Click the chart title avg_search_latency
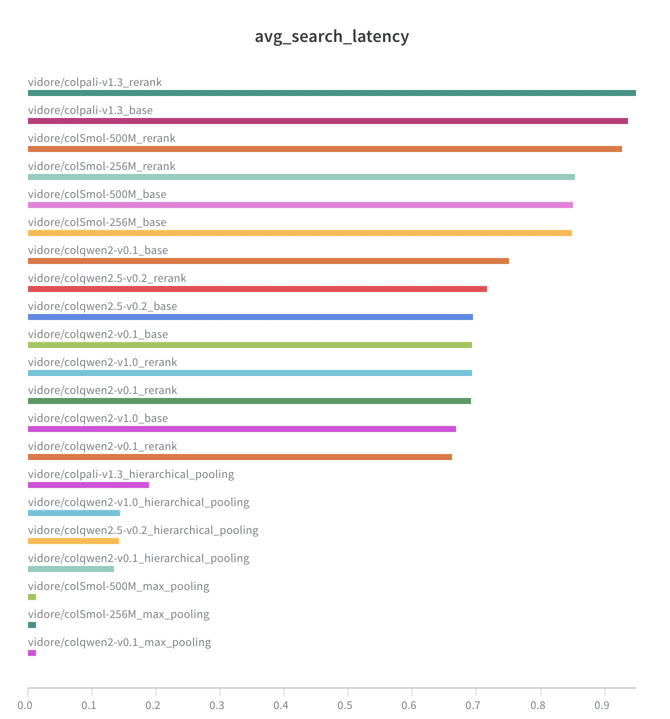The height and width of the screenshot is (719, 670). (332, 36)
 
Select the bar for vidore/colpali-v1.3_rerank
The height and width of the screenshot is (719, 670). (331, 93)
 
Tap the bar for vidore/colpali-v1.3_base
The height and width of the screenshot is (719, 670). (327, 121)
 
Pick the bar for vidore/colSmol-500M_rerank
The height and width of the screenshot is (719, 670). (324, 149)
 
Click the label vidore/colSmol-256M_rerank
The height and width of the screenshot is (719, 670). (101, 166)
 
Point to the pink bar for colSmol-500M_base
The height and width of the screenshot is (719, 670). (300, 205)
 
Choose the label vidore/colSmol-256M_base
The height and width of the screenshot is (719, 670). (97, 222)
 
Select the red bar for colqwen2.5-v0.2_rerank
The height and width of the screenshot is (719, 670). (257, 289)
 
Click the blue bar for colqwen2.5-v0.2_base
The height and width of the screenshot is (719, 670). (250, 317)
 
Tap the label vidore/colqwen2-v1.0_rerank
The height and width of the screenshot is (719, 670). (102, 362)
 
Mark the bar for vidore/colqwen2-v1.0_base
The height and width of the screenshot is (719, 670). (241, 429)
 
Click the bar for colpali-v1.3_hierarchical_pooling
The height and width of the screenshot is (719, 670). (88, 485)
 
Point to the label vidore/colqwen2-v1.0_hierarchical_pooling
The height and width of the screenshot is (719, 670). (138, 502)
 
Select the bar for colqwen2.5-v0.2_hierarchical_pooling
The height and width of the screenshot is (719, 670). (73, 541)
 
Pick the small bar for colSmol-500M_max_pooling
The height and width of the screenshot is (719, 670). (32, 597)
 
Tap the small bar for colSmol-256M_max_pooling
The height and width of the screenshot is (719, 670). (32, 625)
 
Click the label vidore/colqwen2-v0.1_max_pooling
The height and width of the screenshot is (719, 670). (119, 642)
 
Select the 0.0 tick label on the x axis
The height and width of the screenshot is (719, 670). (25, 705)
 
